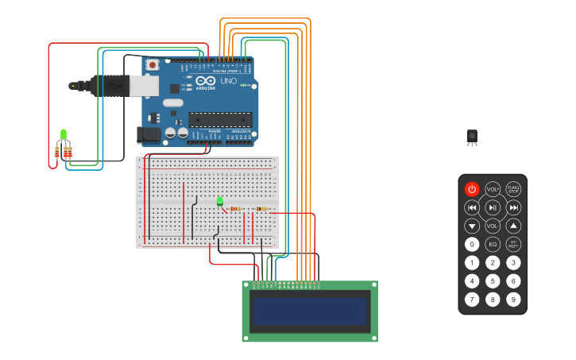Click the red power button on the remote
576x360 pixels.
pyautogui.click(x=472, y=189)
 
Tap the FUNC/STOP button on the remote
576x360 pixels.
pyautogui.click(x=513, y=189)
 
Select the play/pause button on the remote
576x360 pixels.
pyautogui.click(x=493, y=207)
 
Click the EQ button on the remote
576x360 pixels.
pyautogui.click(x=493, y=245)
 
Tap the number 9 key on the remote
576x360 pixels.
pyautogui.click(x=513, y=300)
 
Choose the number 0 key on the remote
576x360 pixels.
pyautogui.click(x=472, y=245)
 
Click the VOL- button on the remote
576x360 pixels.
pyautogui.click(x=493, y=226)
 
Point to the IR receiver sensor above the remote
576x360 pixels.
pyautogui.click(x=472, y=137)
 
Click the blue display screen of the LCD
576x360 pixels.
pyautogui.click(x=310, y=312)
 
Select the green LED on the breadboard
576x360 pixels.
pyautogui.click(x=220, y=201)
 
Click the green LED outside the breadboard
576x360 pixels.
pyautogui.click(x=64, y=134)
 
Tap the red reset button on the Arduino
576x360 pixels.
pyautogui.click(x=152, y=64)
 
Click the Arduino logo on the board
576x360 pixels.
pyautogui.click(x=205, y=81)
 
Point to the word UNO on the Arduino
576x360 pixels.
pyautogui.click(x=228, y=81)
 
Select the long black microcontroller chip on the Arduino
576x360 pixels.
pyautogui.click(x=220, y=120)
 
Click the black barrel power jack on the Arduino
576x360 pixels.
pyautogui.click(x=148, y=135)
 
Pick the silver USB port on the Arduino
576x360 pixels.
pyautogui.click(x=144, y=85)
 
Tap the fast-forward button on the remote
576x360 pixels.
pyautogui.click(x=513, y=207)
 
